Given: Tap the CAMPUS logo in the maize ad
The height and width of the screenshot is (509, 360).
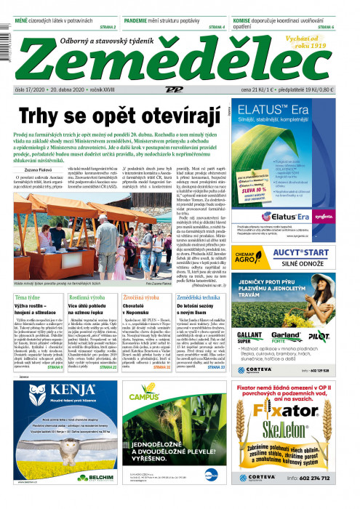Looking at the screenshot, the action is click(x=144, y=397).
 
